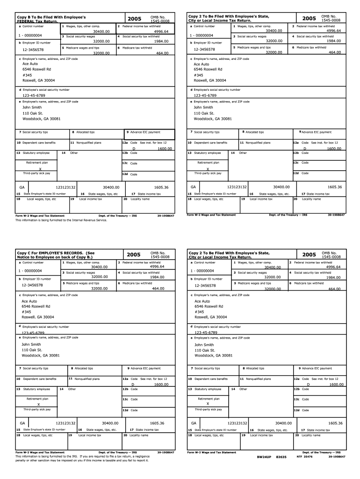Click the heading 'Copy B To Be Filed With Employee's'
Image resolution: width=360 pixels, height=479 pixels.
pyautogui.click(x=51, y=17)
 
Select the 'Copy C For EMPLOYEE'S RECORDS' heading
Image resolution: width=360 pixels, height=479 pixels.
pyautogui.click(x=55, y=253)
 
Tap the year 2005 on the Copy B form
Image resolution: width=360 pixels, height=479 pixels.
pyautogui.click(x=134, y=19)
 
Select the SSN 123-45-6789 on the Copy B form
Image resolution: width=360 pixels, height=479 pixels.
pyautogui.click(x=34, y=95)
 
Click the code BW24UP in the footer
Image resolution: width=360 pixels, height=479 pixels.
pyautogui.click(x=264, y=457)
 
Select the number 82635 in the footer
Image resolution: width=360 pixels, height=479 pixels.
pyautogui.click(x=281, y=457)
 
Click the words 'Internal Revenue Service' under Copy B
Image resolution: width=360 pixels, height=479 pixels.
pyautogui.click(x=84, y=220)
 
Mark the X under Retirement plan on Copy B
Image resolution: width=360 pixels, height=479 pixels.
pyautogui.click(x=41, y=169)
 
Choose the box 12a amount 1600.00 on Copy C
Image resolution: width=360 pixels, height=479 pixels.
pyautogui.click(x=161, y=385)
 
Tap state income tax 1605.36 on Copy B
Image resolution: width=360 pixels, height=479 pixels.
pyautogui.click(x=160, y=187)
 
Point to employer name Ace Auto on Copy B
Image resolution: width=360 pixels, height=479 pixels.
pyautogui.click(x=30, y=64)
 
